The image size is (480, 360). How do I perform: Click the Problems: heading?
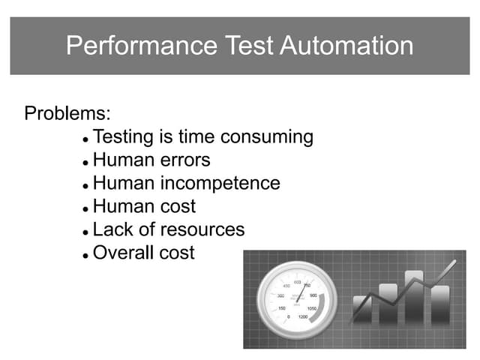[68, 114]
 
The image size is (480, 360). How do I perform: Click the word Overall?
[124, 253]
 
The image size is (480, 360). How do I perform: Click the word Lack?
[112, 229]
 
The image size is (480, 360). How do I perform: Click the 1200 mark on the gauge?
[302, 317]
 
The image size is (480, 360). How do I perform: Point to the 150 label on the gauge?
[281, 308]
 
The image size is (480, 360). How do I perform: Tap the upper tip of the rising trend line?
[453, 262]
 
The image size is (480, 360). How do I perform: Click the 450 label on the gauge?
[285, 286]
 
